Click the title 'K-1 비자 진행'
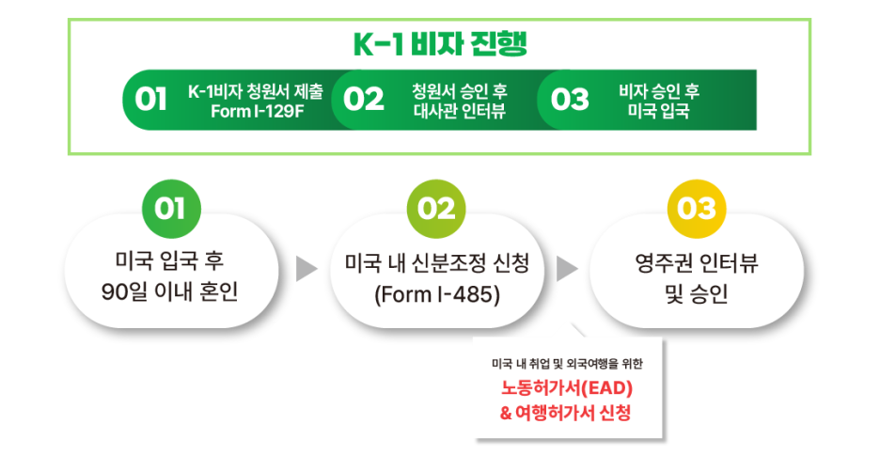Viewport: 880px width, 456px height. coord(440,44)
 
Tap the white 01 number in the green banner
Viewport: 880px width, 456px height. coord(151,99)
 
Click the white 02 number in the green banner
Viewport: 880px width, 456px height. coord(364,99)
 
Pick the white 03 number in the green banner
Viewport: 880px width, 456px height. coord(570,99)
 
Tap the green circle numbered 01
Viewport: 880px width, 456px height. coord(170,209)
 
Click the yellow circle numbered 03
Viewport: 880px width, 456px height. coord(697,209)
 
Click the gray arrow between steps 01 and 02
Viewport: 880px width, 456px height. coord(306,269)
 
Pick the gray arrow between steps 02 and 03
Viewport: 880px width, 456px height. coord(567,269)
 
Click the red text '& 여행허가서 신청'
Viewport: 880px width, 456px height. coord(566,412)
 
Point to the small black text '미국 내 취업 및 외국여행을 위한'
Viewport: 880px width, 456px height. coord(566,363)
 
